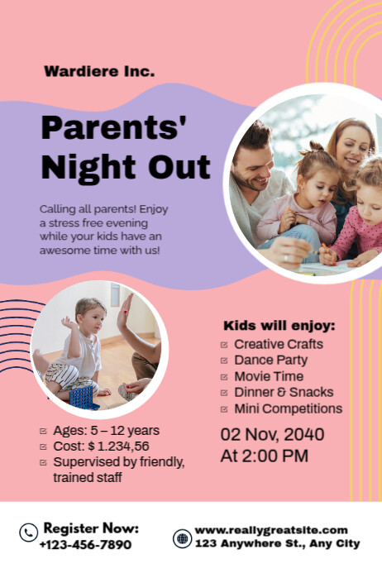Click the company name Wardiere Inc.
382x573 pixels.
(98, 72)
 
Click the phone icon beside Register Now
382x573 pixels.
(28, 533)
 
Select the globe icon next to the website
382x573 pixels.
(182, 538)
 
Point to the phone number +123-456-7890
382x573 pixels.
(85, 545)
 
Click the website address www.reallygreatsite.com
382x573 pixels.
(271, 530)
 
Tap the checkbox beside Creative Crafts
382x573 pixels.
(224, 345)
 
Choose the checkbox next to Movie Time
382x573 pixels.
(224, 377)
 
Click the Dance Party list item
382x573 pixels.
(270, 361)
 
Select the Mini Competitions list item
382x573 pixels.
(288, 408)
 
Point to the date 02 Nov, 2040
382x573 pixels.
(272, 435)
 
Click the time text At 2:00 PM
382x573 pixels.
(264, 456)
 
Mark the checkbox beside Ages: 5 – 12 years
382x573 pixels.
(43, 431)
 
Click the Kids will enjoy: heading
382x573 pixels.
(279, 325)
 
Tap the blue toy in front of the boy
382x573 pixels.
(84, 395)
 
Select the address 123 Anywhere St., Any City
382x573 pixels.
(278, 544)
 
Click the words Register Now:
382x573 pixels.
(91, 528)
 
